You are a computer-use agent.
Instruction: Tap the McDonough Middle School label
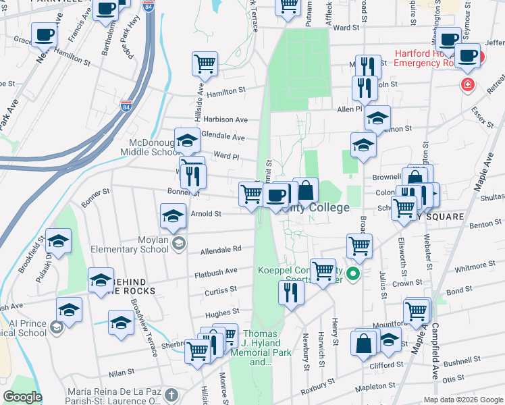coord(155,147)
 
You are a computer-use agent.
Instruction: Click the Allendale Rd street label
coord(221,249)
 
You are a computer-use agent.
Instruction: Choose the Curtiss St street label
coord(221,290)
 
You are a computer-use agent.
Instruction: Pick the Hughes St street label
coord(222,313)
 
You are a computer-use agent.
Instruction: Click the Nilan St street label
coord(122,373)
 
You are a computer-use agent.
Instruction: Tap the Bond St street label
coord(459,290)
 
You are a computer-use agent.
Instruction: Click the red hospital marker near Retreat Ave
coord(467,85)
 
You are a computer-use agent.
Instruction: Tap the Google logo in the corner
coord(23,397)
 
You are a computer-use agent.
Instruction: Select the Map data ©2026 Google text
coord(462,400)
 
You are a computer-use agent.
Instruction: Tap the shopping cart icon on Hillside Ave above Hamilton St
coord(205,64)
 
